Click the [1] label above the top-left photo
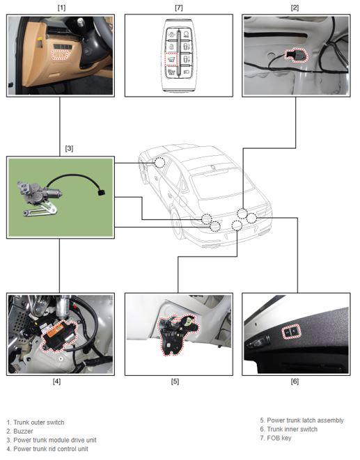click(61, 8)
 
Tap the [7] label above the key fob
click(178, 8)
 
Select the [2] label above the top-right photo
click(295, 8)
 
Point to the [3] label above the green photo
click(69, 148)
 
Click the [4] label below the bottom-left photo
click(56, 381)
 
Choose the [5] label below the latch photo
click(175, 381)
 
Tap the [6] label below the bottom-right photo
click(295, 381)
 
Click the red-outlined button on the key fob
click(171, 60)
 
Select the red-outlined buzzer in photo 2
click(297, 55)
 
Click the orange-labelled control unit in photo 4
click(60, 335)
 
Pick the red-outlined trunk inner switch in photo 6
click(291, 331)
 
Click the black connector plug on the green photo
click(102, 193)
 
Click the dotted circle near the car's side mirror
click(159, 162)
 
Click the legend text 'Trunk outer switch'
click(39, 422)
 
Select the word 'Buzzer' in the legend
click(23, 431)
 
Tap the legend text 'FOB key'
click(279, 438)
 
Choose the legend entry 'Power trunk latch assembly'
click(305, 420)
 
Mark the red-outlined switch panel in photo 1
click(61, 54)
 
